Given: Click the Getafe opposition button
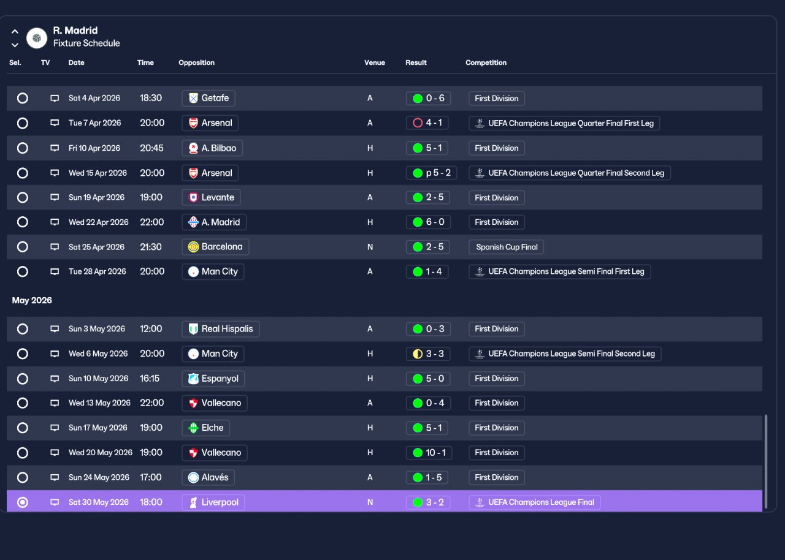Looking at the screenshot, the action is tap(209, 98).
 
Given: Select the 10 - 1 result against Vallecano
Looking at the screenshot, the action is tap(429, 453).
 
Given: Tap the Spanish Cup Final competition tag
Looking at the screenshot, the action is tap(506, 247).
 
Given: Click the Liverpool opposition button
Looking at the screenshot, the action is tap(213, 502).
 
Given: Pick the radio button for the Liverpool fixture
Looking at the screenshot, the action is tap(23, 502).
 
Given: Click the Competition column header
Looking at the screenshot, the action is tap(486, 62).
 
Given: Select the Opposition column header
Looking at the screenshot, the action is tap(197, 62).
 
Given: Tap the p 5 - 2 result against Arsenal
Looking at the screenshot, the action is tap(431, 173).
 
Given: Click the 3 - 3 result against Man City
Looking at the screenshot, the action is tap(428, 354).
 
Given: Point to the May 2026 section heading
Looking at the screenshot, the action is tap(32, 300).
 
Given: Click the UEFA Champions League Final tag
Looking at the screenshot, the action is tap(534, 502).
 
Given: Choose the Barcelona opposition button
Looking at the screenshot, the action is tap(215, 247).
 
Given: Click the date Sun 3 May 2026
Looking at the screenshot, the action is tap(97, 329).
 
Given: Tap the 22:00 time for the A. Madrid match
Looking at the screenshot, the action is tap(151, 222).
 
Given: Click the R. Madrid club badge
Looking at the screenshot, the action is tap(37, 38).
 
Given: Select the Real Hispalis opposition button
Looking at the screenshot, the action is tap(221, 329).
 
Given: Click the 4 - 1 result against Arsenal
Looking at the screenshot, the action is tap(427, 123).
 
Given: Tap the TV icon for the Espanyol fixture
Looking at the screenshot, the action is tap(55, 379).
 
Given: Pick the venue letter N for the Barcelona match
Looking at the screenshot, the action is tap(370, 247).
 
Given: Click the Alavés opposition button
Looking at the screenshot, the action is tap(208, 477).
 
